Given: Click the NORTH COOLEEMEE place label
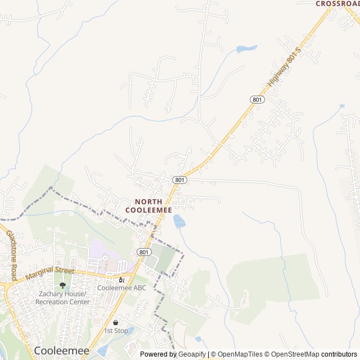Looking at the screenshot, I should [x=148, y=205].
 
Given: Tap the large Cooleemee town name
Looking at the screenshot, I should [x=62, y=350].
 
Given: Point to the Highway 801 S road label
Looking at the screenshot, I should [x=285, y=67].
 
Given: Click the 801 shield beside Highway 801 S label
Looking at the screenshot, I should [x=257, y=100].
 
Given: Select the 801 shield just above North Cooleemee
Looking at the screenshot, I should [x=179, y=179].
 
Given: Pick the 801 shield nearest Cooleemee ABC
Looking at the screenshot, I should [x=143, y=251].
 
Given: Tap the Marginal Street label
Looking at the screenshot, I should [x=50, y=273].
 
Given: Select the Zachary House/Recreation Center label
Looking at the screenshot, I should [x=62, y=298].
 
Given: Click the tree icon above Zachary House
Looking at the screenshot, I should [x=62, y=285].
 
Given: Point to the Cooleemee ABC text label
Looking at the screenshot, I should [x=121, y=288].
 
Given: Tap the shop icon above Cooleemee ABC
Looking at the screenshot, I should [x=121, y=279].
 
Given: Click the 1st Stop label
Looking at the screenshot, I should [x=116, y=331].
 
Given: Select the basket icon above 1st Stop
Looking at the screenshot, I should [x=116, y=322].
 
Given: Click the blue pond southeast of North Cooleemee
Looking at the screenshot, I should [x=179, y=221].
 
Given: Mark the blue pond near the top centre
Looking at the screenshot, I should [x=246, y=49].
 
